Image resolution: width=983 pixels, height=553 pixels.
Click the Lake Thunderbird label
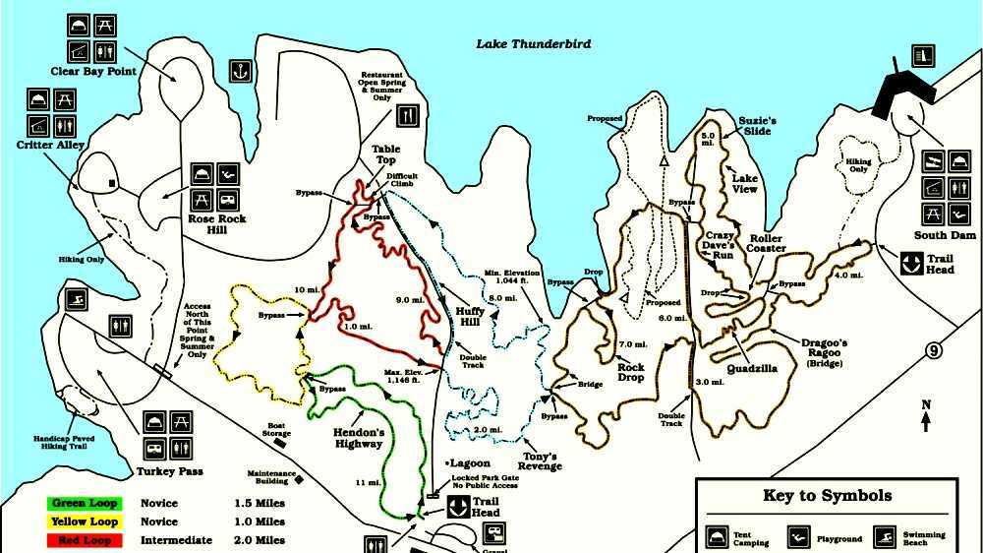(533, 44)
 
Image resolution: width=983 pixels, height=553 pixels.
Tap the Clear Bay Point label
(93, 72)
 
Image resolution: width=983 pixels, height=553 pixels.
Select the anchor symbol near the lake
(237, 71)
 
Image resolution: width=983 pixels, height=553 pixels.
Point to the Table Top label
(384, 155)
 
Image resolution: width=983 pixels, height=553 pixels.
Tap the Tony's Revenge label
(540, 461)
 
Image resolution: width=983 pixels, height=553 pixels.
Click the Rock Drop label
(630, 373)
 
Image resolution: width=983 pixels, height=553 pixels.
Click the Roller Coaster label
(766, 243)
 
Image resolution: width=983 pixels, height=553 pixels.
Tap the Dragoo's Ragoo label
(824, 348)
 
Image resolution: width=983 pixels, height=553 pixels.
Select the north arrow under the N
(926, 422)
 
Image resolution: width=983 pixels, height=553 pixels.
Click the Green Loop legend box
(85, 504)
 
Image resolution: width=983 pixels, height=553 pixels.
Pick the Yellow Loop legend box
(85, 522)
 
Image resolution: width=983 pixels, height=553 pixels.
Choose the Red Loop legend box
(85, 540)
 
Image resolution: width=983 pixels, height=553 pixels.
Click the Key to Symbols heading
(827, 496)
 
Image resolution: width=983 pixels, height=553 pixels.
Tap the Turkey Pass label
(170, 471)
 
